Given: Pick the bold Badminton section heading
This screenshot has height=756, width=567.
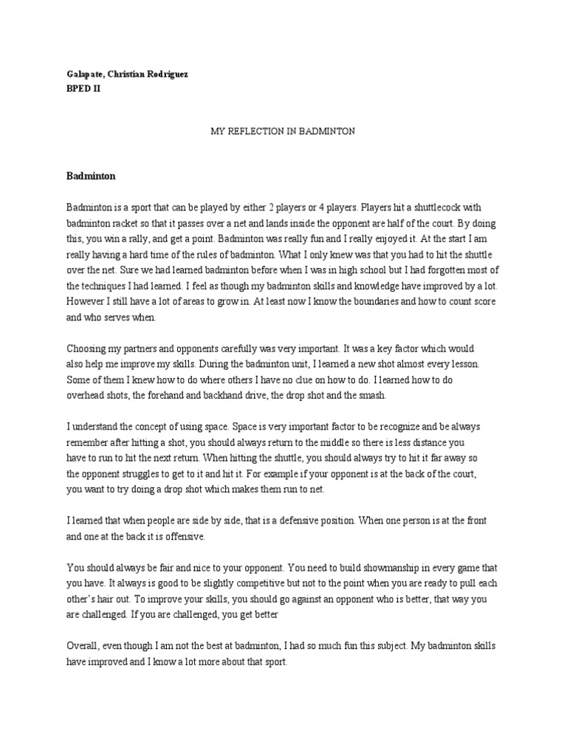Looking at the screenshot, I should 91,177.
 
